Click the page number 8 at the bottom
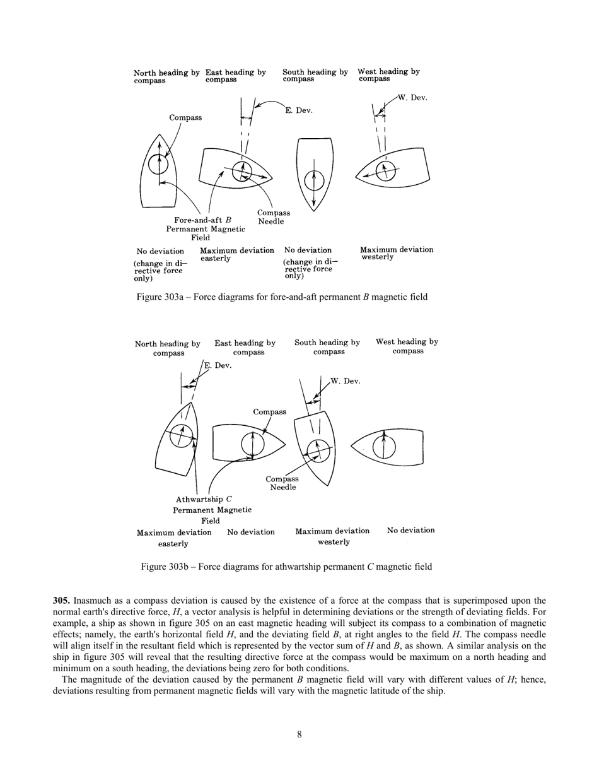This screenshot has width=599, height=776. click(x=299, y=734)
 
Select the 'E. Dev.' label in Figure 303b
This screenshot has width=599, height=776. click(x=218, y=365)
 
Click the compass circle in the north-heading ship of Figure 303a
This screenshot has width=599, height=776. click(x=159, y=164)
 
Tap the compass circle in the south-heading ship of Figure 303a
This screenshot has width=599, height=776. click(x=314, y=181)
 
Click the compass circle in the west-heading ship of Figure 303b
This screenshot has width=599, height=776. click(x=384, y=447)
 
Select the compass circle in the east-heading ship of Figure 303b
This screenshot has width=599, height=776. click(x=253, y=445)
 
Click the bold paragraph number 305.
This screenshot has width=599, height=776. click(x=62, y=601)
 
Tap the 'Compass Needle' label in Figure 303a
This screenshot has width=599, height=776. click(x=273, y=217)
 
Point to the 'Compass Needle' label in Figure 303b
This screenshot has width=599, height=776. click(x=282, y=483)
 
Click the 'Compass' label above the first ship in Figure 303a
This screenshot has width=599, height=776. click(x=185, y=117)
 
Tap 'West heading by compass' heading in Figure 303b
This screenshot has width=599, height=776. click(x=407, y=346)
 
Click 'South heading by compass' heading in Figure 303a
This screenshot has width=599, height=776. click(x=315, y=75)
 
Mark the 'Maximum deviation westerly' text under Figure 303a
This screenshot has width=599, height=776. click(x=396, y=253)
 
